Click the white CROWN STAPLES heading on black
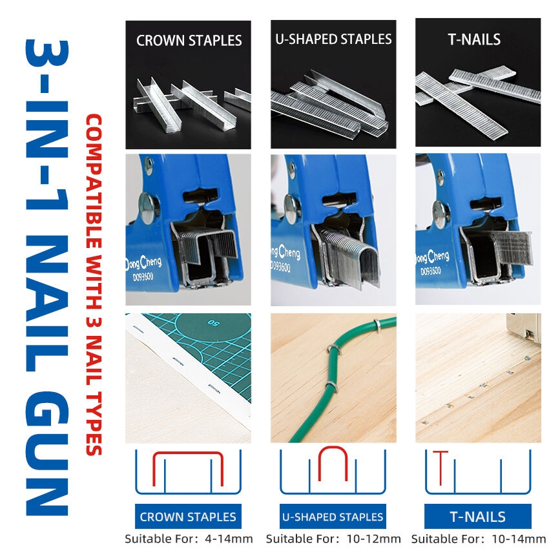coord(189,40)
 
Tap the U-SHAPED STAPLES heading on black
coord(333,39)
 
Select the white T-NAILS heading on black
coord(474,39)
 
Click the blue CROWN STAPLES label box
coord(188,517)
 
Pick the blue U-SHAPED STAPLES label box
coord(333,517)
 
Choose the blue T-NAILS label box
coord(477,517)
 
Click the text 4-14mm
coord(229,539)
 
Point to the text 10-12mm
coord(373,539)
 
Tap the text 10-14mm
coord(519,539)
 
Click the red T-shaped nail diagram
coord(441,468)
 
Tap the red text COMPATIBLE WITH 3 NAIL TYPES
coord(94,285)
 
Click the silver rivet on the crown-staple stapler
coord(147,205)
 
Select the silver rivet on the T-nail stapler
coord(441,213)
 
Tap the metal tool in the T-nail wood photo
coord(524,327)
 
